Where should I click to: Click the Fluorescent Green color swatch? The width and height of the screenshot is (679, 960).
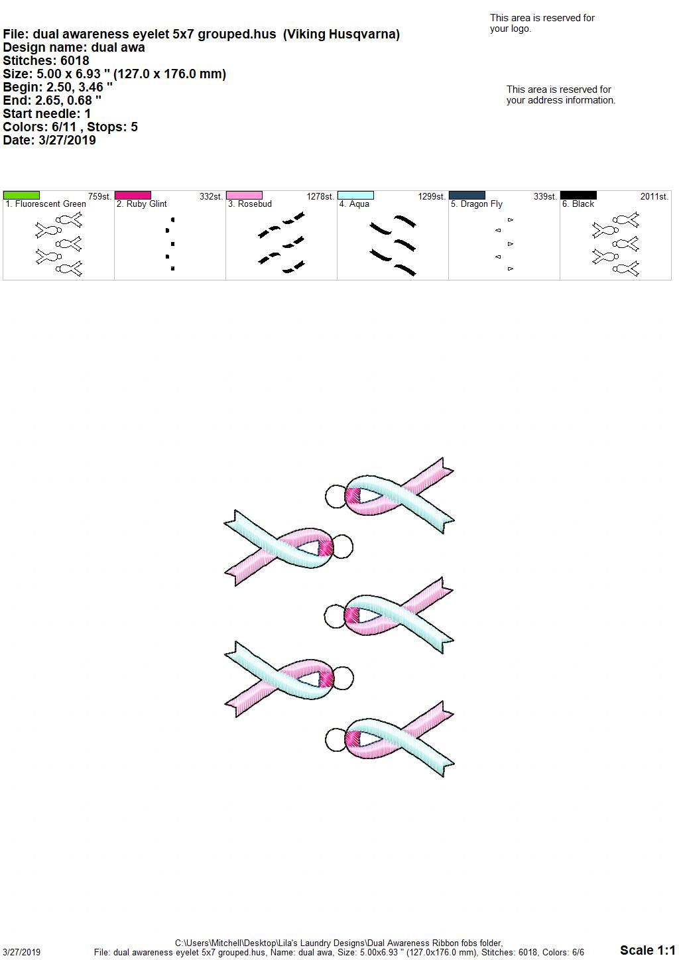click(21, 196)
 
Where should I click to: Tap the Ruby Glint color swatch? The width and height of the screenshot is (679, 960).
click(133, 196)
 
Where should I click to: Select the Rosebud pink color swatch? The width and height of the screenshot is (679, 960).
click(244, 196)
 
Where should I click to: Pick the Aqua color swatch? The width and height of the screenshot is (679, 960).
click(356, 196)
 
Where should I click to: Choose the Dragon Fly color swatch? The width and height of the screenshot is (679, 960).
click(467, 196)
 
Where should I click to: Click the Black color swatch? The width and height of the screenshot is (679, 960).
click(579, 196)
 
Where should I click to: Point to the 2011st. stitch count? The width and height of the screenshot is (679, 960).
click(654, 197)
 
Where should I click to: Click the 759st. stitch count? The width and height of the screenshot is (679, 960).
click(99, 197)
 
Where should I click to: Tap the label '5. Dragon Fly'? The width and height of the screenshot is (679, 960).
click(476, 204)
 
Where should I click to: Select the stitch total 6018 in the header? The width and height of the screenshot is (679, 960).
click(75, 60)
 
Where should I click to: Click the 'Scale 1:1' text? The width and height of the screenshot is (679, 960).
click(647, 949)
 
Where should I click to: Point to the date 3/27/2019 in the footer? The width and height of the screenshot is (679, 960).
click(21, 952)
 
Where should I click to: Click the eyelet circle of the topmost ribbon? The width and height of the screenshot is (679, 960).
click(336, 497)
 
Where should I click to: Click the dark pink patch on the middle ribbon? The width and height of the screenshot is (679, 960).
click(352, 617)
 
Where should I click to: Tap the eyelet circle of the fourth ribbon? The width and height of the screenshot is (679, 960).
click(343, 678)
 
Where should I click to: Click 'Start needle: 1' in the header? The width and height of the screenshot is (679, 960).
click(46, 113)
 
